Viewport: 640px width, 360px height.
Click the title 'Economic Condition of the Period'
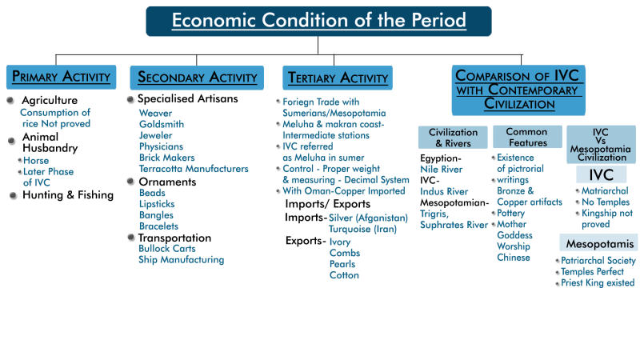[x=318, y=21]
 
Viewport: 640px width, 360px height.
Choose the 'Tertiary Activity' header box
[x=336, y=78]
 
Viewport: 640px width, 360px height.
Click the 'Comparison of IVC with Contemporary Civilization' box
[x=517, y=90]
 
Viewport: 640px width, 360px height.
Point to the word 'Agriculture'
[x=50, y=101]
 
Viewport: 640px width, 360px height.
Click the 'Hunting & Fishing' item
[x=68, y=195]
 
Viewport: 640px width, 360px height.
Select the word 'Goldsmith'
[x=162, y=125]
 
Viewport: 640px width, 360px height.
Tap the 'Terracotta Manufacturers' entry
[x=194, y=169]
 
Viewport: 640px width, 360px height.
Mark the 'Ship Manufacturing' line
[x=181, y=260]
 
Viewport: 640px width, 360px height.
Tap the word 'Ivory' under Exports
[x=340, y=242]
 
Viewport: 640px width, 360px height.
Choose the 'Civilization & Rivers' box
[x=453, y=138]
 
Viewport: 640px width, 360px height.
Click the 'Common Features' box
[x=527, y=138]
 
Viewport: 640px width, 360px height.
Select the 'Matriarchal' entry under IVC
[x=605, y=191]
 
